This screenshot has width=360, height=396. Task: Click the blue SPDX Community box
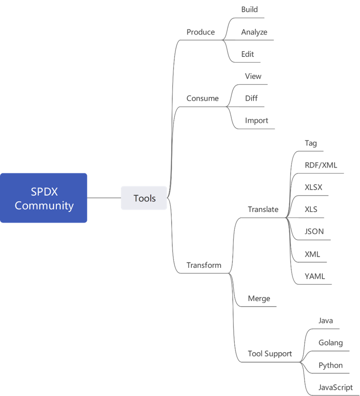coord(43,198)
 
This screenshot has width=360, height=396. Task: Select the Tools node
coord(144,198)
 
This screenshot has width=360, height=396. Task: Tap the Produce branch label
coord(200,32)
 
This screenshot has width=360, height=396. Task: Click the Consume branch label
coord(202,98)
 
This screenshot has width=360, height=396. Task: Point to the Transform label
coord(204,265)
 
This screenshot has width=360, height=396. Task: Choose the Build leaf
coord(249,10)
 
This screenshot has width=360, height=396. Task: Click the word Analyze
coord(254,32)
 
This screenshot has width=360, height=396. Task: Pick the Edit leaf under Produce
coord(247,54)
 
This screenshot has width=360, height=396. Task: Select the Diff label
coord(251,98)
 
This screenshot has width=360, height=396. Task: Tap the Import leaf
coord(256,120)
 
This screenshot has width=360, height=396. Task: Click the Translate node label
coord(263,210)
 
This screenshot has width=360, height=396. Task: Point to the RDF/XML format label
coord(321,165)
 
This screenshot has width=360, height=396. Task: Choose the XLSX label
coord(313,187)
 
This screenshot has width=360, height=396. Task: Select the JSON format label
coord(314,231)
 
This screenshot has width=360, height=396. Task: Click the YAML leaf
coord(315,277)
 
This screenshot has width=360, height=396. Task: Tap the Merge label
coord(259,299)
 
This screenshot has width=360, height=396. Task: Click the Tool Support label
coord(270,354)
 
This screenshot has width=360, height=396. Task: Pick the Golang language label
coord(331,343)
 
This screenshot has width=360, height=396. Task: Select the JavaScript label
coord(335,387)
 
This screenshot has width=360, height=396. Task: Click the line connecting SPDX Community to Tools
coord(104,198)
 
